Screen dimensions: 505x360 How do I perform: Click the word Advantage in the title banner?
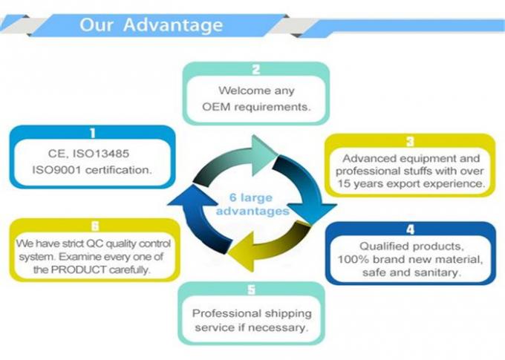[173, 25]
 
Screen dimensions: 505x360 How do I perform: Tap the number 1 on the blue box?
[92, 133]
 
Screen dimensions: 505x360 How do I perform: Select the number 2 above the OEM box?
[256, 70]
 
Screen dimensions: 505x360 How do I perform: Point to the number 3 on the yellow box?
[410, 142]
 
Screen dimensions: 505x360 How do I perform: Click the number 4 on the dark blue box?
[410, 229]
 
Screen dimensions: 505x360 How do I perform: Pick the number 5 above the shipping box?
[252, 289]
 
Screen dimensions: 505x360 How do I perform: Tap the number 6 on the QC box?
[95, 226]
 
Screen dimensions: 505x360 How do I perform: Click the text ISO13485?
[101, 154]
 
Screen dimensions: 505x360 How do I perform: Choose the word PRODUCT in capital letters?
[79, 270]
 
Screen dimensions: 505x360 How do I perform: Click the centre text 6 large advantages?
[252, 204]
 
